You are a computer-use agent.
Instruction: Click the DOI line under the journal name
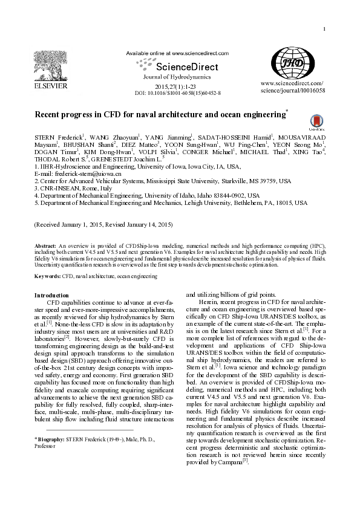pos(177,94)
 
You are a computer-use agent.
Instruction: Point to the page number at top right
pos(325,13)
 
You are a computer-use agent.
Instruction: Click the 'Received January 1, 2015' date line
pos(103,225)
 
